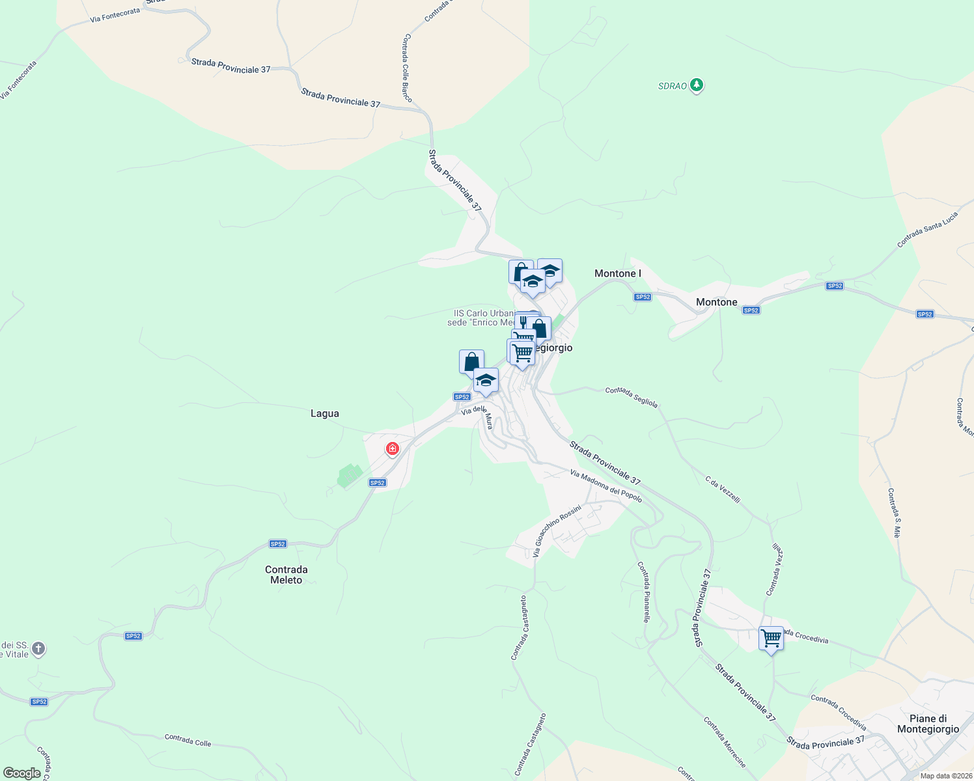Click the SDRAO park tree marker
[697, 85]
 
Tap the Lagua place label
[324, 413]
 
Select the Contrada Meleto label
[286, 575]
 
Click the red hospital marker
[392, 448]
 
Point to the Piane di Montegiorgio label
[928, 724]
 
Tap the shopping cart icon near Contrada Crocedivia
[771, 638]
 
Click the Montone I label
[617, 273]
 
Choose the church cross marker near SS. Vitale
[38, 648]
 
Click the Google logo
[22, 773]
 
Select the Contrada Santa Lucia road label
[927, 229]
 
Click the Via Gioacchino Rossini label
[556, 530]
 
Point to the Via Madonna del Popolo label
[605, 486]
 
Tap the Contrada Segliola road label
[632, 397]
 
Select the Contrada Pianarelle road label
[643, 592]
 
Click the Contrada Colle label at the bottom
[188, 740]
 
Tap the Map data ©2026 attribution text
[945, 776]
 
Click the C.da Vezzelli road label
[723, 489]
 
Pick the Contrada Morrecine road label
[724, 742]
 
